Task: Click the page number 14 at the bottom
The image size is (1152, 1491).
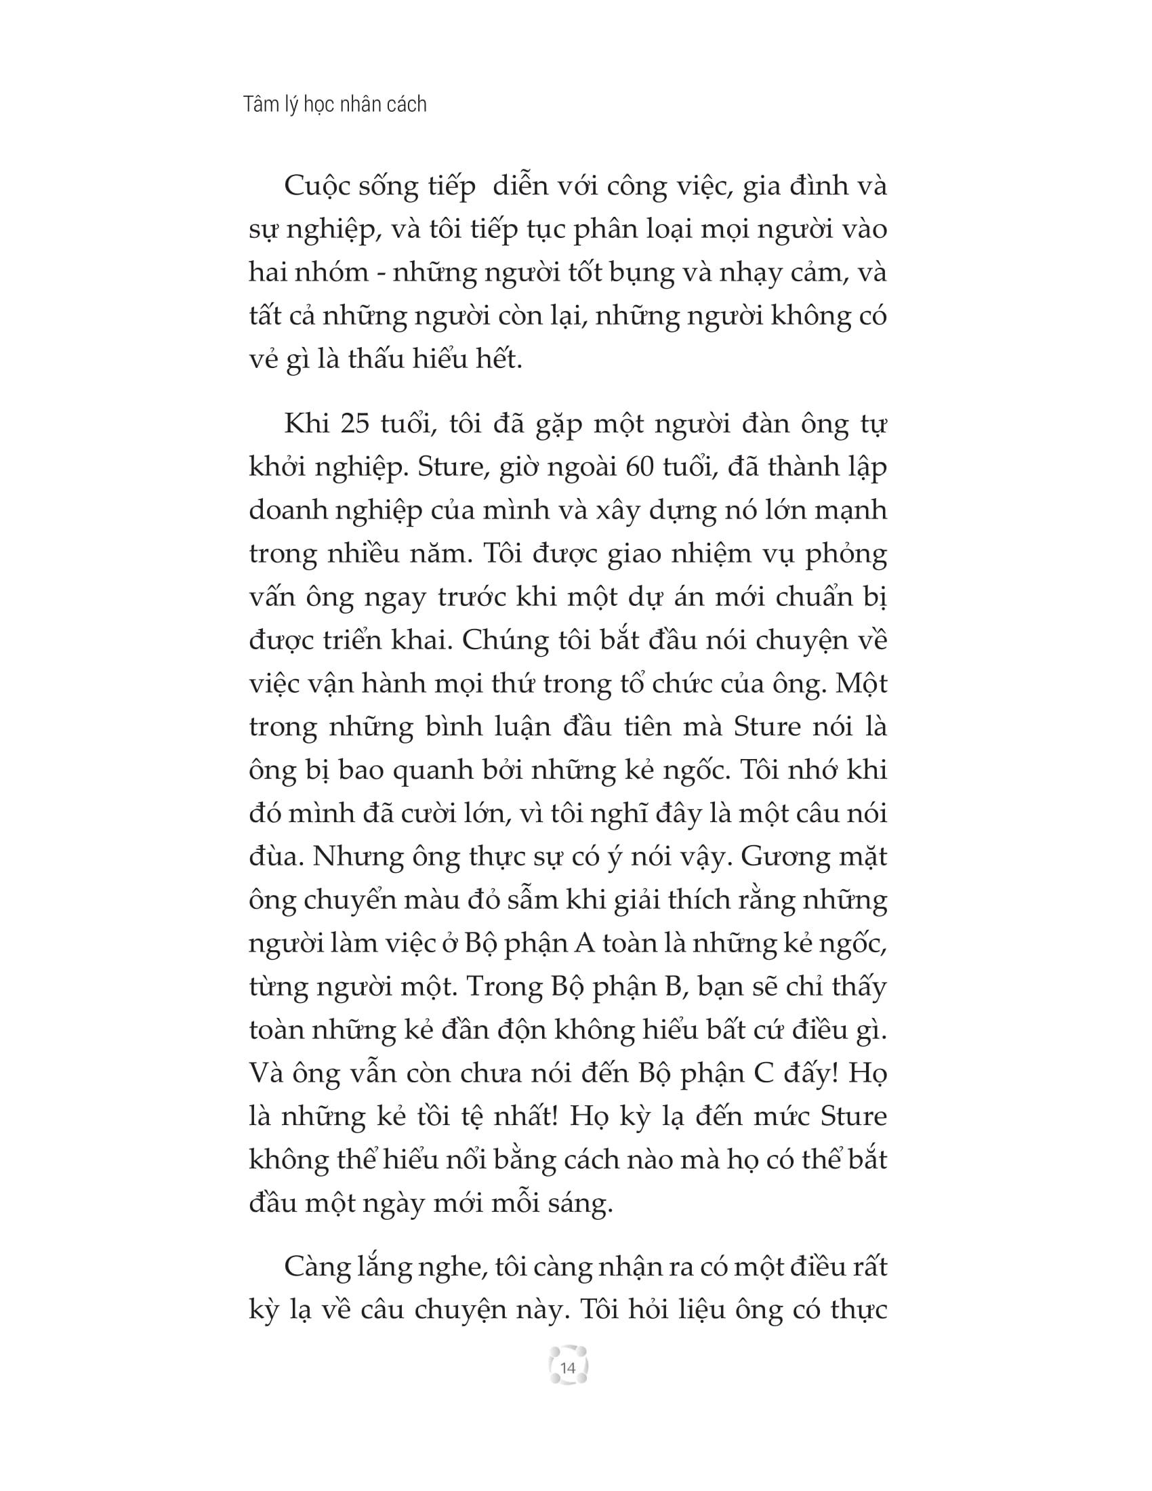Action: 568,1368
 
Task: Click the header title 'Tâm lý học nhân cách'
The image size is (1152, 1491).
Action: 334,104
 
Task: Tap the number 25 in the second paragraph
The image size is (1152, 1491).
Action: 355,425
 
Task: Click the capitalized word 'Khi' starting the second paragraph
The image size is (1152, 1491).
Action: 306,425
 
